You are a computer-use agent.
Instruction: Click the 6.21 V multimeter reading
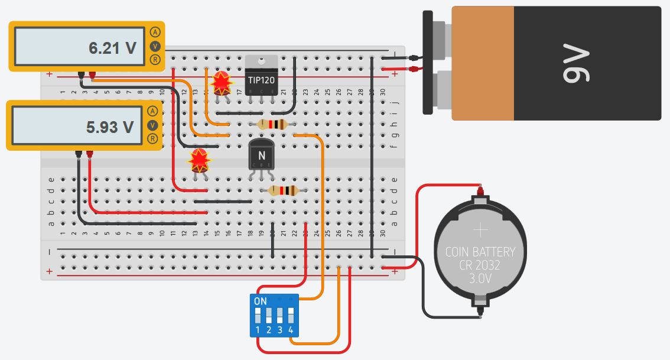[112, 48]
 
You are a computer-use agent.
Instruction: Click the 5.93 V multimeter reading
[110, 127]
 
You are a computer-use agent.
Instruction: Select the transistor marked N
[261, 157]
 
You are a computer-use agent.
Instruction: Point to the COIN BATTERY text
[480, 252]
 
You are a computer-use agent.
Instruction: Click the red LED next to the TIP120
[221, 83]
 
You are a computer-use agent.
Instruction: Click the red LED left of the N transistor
[199, 160]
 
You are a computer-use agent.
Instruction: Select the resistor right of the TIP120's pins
[273, 124]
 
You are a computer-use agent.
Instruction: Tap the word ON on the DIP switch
[260, 301]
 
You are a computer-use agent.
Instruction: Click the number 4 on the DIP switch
[291, 329]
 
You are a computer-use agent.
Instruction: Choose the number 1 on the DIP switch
[258, 329]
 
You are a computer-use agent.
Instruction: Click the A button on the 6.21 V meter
[155, 32]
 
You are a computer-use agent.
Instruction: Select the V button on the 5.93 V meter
[152, 125]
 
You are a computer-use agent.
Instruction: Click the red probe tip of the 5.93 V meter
[90, 154]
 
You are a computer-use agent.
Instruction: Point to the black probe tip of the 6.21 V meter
[80, 74]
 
